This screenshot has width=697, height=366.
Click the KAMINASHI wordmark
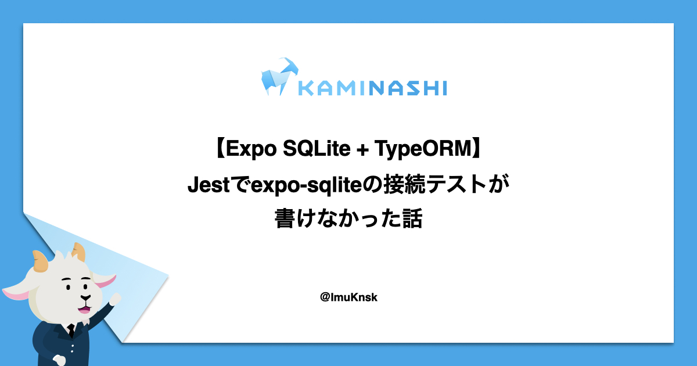pos(373,88)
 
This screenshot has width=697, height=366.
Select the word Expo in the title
pos(251,149)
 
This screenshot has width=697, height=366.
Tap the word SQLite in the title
pos(317,149)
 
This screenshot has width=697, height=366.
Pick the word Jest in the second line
pos(209,185)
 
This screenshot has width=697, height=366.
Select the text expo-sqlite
pos(307,185)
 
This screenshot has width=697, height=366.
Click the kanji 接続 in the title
pos(404,184)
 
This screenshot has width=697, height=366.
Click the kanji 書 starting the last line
pos(285,218)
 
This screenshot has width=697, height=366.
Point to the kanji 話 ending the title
pos(412,218)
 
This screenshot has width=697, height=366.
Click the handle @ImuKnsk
pos(348,297)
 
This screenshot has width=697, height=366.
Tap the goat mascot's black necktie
pos(71,331)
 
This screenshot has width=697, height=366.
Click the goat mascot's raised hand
pos(116,299)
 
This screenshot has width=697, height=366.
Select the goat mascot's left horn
pos(41,261)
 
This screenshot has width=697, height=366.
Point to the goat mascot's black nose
pos(85,298)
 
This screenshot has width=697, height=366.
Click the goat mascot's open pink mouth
pos(84,309)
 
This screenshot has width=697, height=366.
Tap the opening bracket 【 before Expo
pos(220,149)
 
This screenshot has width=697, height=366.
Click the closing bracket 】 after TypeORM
pos(477,149)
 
